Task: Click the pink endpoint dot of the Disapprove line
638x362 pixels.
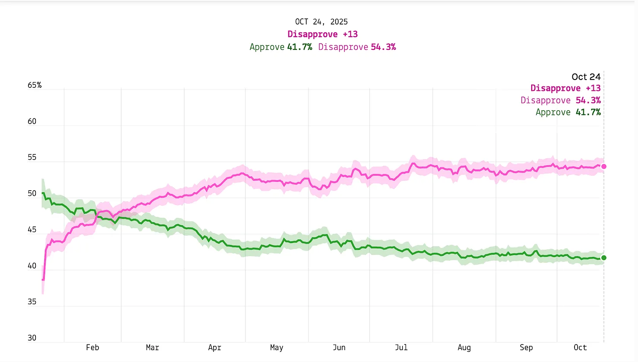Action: (x=604, y=167)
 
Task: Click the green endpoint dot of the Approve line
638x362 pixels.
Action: (x=604, y=258)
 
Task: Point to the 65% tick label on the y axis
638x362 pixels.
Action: (x=35, y=85)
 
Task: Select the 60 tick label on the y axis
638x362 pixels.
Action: (x=32, y=122)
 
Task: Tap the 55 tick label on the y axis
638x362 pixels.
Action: (x=32, y=157)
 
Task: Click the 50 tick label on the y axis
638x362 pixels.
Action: (x=32, y=194)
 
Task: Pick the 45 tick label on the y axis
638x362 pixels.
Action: (x=32, y=230)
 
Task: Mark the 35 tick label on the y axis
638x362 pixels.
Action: (x=32, y=302)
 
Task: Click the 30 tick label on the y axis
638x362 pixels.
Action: (x=32, y=338)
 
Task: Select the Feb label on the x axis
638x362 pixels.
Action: (x=92, y=348)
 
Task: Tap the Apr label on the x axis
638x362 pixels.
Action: (x=214, y=348)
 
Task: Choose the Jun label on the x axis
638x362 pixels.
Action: (x=339, y=348)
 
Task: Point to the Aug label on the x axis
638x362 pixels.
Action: (x=464, y=348)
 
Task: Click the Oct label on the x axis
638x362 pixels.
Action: (x=580, y=348)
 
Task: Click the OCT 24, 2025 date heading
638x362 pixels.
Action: (x=321, y=22)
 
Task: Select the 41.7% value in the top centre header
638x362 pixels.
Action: (x=300, y=47)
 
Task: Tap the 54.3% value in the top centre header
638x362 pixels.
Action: (x=383, y=47)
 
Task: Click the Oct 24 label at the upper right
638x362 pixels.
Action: (x=586, y=77)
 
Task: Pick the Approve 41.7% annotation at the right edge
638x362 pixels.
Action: (x=568, y=112)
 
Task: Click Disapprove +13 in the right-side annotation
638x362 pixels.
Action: (x=565, y=88)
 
